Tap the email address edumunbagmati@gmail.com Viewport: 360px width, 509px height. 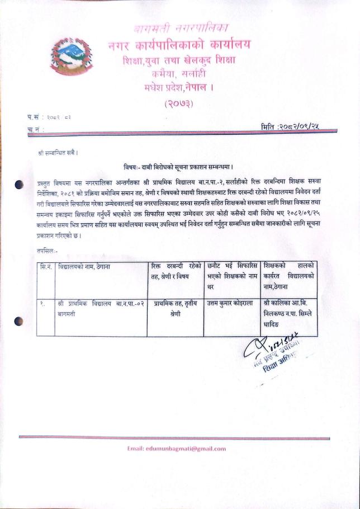[177, 448]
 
